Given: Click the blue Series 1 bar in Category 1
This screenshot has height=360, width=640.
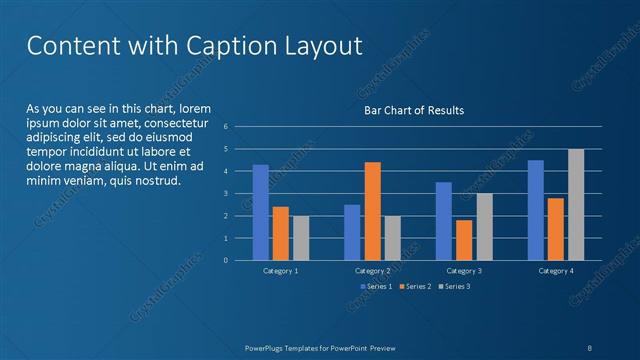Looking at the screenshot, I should (260, 212).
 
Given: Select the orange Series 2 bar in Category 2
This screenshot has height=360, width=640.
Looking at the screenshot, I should (372, 211).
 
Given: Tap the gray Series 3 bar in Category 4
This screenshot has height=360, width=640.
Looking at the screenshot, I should (576, 204).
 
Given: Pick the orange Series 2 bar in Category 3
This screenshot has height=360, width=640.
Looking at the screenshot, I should (464, 240).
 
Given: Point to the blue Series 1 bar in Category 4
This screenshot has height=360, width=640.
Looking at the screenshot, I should (536, 210).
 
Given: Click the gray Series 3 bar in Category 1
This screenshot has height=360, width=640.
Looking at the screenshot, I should (300, 238).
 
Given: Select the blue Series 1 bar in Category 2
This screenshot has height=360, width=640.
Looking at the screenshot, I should (352, 232).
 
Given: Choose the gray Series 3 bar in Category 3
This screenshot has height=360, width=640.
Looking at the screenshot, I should (484, 227).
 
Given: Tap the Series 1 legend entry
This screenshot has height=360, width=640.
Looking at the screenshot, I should (378, 287).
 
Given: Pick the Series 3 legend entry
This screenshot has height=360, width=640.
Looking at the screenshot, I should (455, 287).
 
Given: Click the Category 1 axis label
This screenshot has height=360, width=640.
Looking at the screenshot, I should (280, 271).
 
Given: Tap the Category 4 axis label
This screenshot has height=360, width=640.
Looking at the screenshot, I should (556, 271).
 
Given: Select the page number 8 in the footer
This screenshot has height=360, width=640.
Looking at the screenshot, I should (590, 347).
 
